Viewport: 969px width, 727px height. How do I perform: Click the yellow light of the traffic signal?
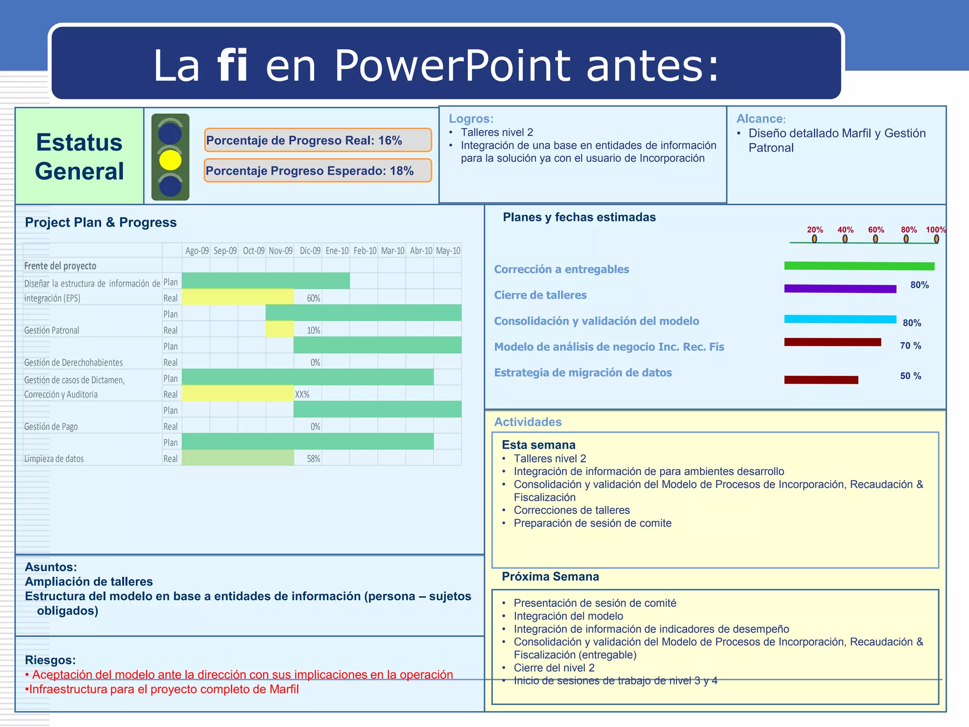[x=170, y=160]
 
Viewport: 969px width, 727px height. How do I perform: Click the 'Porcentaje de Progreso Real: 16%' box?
[x=317, y=141]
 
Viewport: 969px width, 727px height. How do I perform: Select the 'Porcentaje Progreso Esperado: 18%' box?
[x=317, y=171]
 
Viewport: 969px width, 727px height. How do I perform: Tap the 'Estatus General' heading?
[x=79, y=157]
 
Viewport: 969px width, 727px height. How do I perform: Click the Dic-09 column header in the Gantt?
[x=310, y=251]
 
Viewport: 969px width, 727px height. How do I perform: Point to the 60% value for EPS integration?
[x=313, y=298]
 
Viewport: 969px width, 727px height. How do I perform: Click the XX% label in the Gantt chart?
[x=302, y=394]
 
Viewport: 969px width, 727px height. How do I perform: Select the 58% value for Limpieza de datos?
[x=313, y=459]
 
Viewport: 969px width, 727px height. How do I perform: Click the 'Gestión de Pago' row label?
[x=51, y=426]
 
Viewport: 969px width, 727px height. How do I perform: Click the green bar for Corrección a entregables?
[x=859, y=266]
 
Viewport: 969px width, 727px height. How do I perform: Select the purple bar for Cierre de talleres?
[x=840, y=289]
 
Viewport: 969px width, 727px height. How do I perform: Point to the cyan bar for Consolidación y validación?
[x=840, y=319]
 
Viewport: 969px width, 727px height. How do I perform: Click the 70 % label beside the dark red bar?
[x=910, y=346]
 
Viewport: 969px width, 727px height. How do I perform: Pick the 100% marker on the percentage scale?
[x=936, y=230]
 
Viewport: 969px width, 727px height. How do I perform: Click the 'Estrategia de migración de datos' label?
[x=583, y=373]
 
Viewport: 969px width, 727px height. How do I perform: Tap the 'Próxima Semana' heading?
[x=550, y=576]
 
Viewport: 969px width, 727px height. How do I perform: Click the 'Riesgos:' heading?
[x=50, y=660]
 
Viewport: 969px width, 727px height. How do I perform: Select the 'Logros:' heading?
[x=471, y=119]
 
